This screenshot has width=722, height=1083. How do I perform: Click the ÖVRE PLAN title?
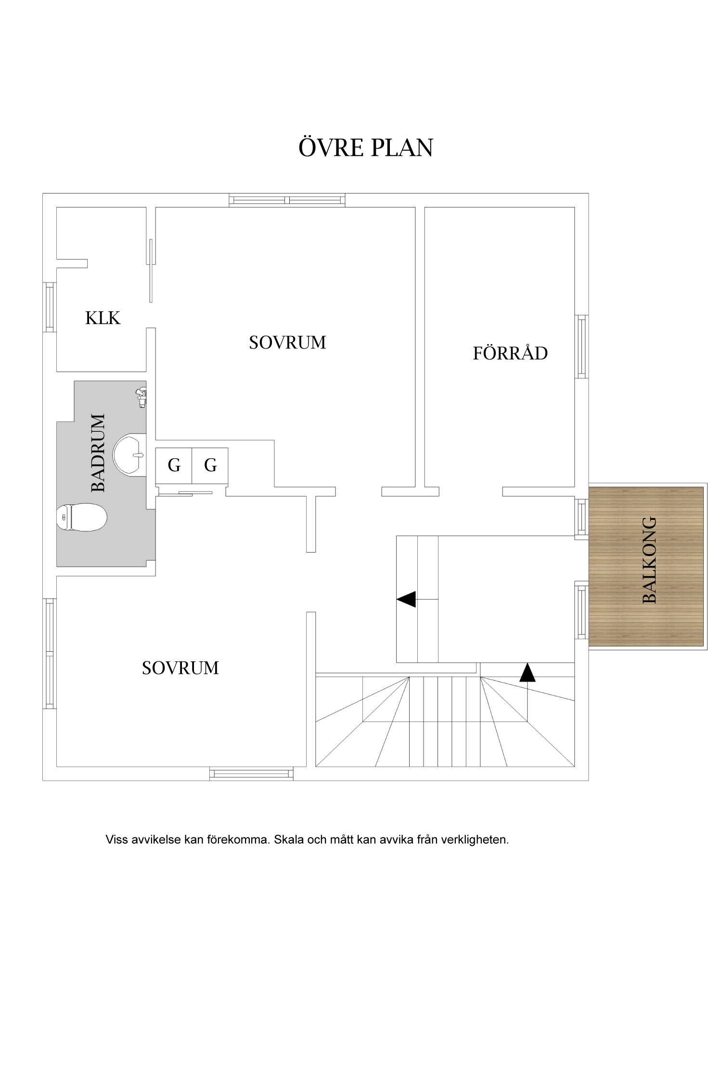click(x=365, y=148)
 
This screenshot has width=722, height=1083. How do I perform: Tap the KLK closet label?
click(x=103, y=318)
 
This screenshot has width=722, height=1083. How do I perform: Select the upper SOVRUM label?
click(x=287, y=343)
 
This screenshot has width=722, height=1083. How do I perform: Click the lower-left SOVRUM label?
click(x=180, y=668)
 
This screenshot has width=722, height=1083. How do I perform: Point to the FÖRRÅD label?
click(x=510, y=353)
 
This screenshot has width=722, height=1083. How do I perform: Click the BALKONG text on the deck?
click(x=649, y=560)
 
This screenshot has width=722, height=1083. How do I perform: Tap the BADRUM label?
click(x=98, y=452)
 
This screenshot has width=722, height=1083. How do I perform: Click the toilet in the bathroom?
click(x=81, y=517)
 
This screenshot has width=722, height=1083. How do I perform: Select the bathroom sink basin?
click(x=130, y=454)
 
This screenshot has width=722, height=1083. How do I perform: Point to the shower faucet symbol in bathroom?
click(x=141, y=398)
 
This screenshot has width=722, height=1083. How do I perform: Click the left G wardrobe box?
click(x=174, y=465)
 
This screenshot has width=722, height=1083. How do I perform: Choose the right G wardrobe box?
click(x=210, y=465)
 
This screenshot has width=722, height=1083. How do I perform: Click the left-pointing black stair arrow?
click(x=406, y=599)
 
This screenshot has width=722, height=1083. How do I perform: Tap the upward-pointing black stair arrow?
click(x=528, y=673)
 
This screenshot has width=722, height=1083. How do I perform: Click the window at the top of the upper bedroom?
click(x=287, y=200)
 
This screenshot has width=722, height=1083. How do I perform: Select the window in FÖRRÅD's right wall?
click(x=582, y=347)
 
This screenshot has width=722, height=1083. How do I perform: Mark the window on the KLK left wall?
click(x=49, y=307)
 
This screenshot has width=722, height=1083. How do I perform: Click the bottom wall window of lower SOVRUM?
click(x=251, y=774)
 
